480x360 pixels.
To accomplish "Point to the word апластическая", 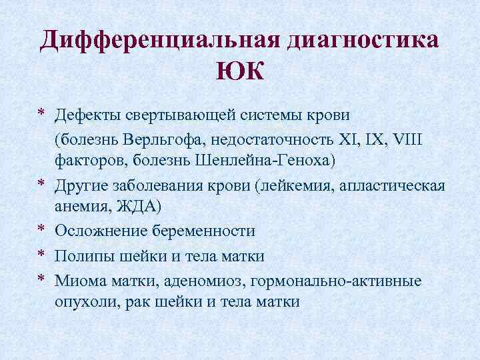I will [x=395, y=185].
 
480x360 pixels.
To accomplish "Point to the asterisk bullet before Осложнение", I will [x=41, y=230].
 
